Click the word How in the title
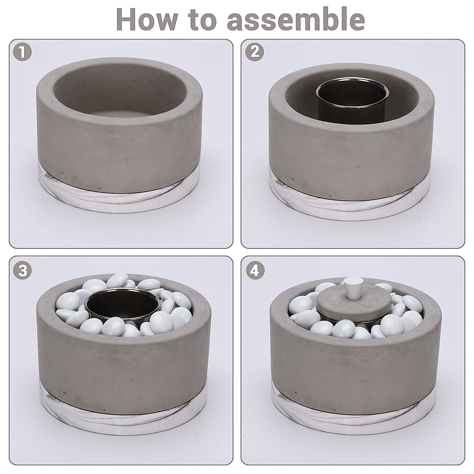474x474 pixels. coord(147,20)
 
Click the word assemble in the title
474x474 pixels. coord(296,20)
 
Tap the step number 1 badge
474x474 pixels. coord(23,53)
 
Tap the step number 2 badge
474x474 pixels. coord(255,53)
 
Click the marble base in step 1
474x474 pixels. coord(120,197)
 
